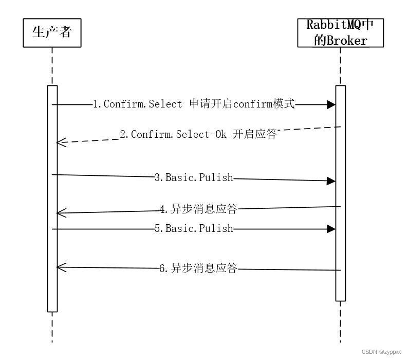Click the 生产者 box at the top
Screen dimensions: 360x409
[x=52, y=33]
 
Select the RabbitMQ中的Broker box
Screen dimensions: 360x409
[x=340, y=32]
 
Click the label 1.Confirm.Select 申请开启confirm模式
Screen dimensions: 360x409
[x=194, y=104]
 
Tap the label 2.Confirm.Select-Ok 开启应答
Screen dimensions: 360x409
[x=198, y=135]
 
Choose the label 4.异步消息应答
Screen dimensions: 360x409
[x=198, y=210]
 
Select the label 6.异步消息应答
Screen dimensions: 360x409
[x=198, y=268]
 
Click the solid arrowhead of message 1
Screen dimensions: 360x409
[x=331, y=104]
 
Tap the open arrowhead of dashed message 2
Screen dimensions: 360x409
[x=60, y=142]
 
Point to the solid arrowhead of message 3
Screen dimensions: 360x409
[x=331, y=181]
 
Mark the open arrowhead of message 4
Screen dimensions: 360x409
[x=60, y=213]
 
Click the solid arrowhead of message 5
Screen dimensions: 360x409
[x=331, y=228]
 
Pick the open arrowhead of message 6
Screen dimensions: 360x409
[x=60, y=266]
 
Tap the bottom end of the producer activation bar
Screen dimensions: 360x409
[x=52, y=310]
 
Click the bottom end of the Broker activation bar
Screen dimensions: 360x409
[x=340, y=300]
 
